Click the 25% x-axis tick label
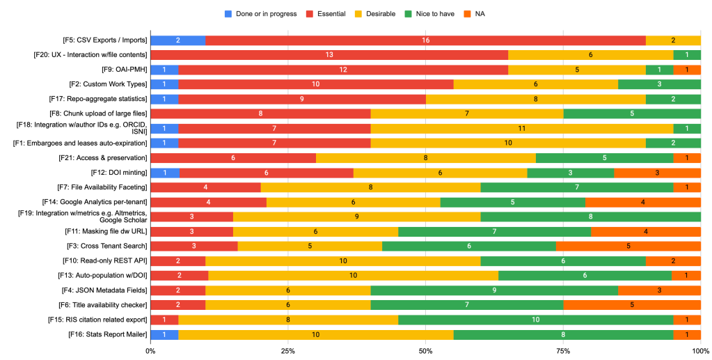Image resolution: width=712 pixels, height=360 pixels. [287, 352]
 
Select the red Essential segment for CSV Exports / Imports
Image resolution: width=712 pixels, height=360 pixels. [425, 40]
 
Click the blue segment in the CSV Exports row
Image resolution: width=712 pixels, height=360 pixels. [177, 40]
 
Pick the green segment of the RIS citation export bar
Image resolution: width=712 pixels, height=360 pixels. [535, 320]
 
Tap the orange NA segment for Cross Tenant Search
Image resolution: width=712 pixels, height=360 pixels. [628, 246]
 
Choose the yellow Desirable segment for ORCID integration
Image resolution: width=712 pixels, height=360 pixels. [521, 128]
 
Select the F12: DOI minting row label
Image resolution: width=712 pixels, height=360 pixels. [118, 172]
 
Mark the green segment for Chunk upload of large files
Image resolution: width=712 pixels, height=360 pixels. [631, 114]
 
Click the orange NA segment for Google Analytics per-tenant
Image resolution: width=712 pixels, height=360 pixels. [642, 202]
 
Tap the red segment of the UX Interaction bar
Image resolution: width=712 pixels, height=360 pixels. [329, 55]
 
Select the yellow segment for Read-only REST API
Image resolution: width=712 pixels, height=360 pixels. [342, 260]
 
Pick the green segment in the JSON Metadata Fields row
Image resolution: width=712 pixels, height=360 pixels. [494, 290]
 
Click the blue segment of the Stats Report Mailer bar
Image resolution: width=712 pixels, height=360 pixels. [164, 334]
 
